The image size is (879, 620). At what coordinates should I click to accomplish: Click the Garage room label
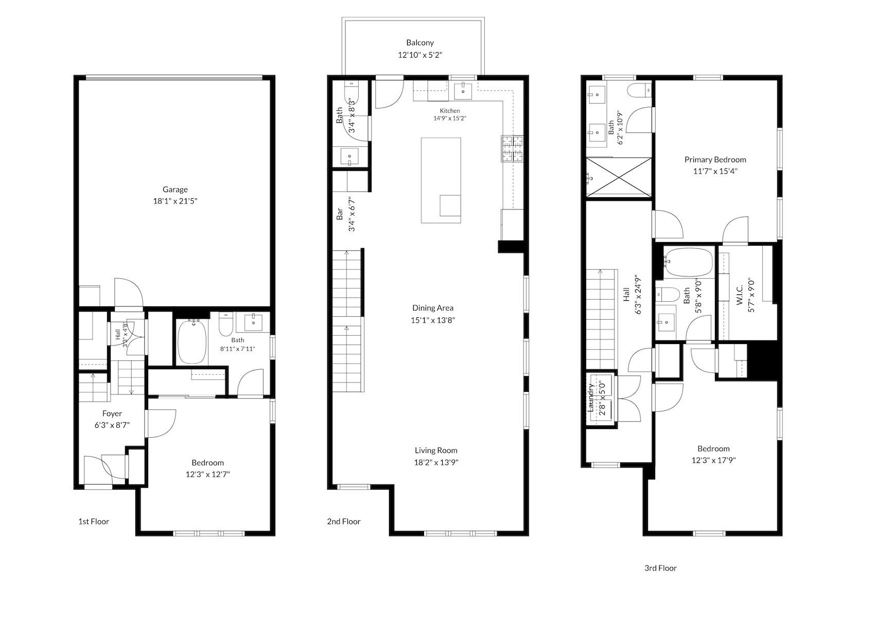(175, 190)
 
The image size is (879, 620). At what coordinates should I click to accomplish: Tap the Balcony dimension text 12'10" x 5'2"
(420, 55)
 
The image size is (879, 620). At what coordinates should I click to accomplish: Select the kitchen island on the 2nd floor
(441, 180)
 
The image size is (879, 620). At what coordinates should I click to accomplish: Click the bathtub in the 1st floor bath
(192, 342)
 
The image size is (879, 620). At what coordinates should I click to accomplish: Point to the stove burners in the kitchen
(512, 149)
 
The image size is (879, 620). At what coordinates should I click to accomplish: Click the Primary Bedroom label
(715, 160)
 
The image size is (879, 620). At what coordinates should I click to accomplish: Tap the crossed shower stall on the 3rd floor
(619, 177)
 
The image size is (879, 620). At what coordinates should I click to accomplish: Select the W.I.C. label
(740, 295)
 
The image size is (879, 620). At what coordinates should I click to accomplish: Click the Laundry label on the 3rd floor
(590, 398)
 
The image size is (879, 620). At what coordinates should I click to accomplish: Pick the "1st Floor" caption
(93, 522)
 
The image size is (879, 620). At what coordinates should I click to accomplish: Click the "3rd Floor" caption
(660, 568)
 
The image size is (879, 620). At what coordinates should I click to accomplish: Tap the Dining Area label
(432, 308)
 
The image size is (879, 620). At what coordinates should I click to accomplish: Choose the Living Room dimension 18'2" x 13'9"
(436, 462)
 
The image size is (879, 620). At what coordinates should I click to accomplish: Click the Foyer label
(112, 414)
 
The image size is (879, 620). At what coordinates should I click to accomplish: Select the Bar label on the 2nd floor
(340, 214)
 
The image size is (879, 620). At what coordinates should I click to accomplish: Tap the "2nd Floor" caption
(344, 522)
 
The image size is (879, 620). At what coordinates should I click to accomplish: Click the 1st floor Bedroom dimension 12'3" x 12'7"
(207, 474)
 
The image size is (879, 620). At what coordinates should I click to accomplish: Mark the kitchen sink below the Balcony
(463, 91)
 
